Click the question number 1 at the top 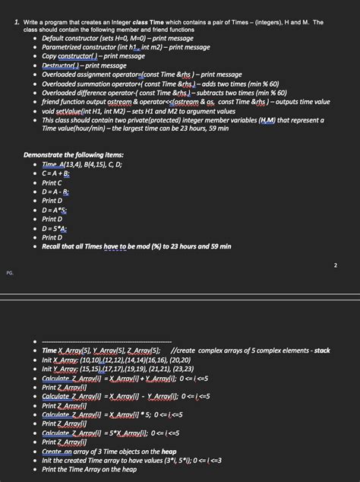[x=16, y=23]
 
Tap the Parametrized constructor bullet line [x=125, y=47]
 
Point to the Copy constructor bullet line [x=93, y=56]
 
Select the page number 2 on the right [x=335, y=265]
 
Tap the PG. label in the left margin [x=9, y=271]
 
